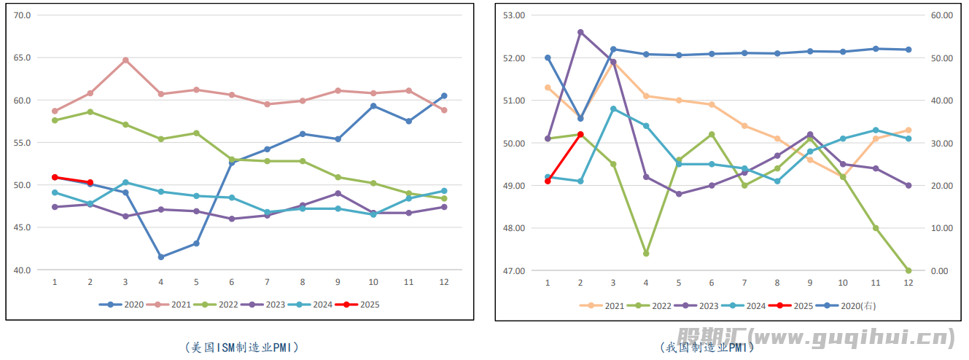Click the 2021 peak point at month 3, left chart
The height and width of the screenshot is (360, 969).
125,60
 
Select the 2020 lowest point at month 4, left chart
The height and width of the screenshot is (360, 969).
161,257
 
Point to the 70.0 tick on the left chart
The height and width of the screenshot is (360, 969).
23,15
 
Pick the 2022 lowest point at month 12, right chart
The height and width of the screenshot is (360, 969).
908,270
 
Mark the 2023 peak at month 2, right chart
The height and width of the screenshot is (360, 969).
580,32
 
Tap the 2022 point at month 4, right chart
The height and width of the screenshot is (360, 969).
646,254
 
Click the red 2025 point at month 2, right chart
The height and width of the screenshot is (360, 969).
580,134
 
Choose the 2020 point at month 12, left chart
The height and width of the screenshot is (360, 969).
444,95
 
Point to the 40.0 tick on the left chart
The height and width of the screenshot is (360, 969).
23,270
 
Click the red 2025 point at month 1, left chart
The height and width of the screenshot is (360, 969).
55,177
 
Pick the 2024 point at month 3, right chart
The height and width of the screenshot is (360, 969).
613,109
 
